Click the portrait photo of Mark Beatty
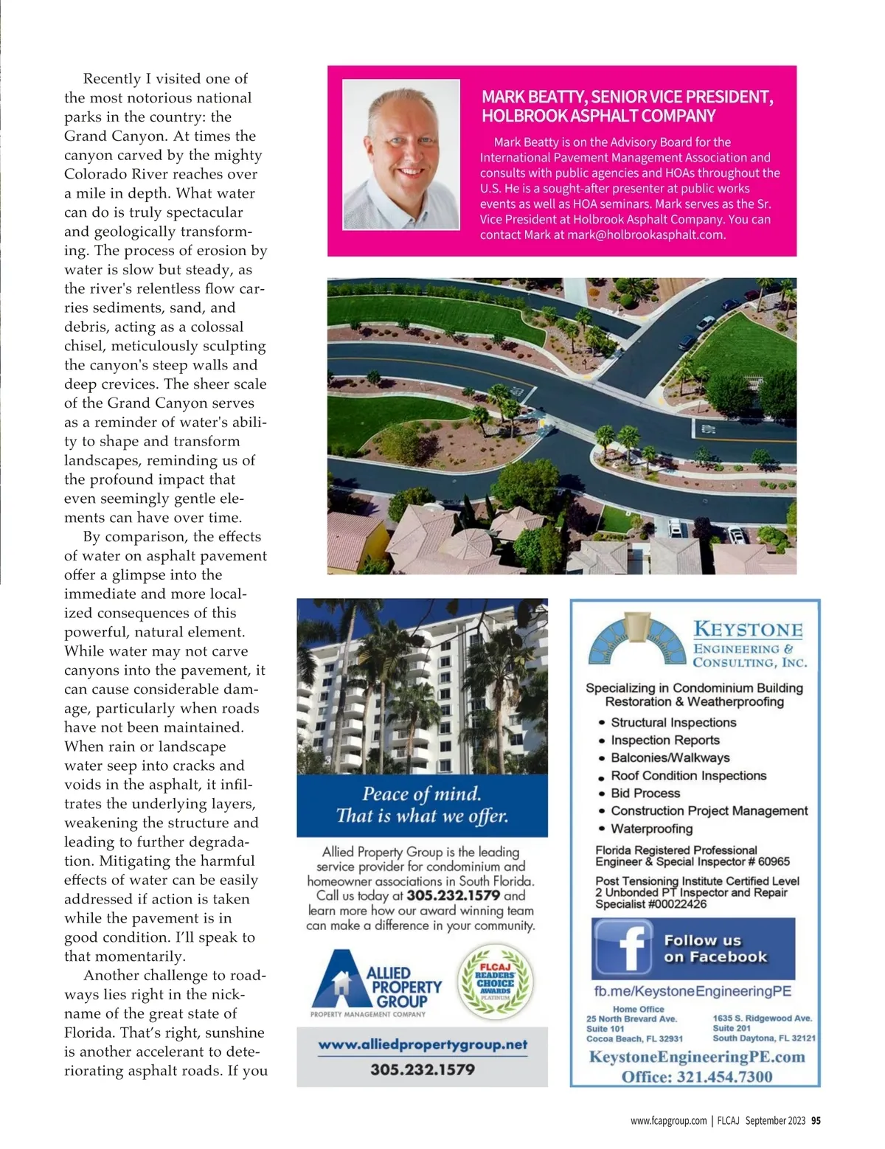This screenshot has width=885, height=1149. (400, 154)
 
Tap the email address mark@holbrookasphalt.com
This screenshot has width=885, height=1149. (645, 235)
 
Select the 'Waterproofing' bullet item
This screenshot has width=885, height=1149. (651, 828)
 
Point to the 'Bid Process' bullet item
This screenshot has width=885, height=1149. (645, 793)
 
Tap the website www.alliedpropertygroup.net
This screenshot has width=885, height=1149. (423, 1044)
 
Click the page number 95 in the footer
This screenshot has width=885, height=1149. (816, 1120)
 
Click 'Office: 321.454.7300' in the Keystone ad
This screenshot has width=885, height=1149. (696, 1076)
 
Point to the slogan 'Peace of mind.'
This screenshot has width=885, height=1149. (421, 794)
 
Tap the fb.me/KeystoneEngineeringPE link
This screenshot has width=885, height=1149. (693, 991)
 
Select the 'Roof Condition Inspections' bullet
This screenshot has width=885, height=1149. (688, 775)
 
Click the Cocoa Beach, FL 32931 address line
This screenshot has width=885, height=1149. (634, 1038)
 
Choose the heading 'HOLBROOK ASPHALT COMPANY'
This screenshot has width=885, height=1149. (598, 116)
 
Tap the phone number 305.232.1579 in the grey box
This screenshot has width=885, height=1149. (423, 1069)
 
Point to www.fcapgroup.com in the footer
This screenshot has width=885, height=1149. (668, 1120)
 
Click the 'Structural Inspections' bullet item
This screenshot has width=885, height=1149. (673, 723)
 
